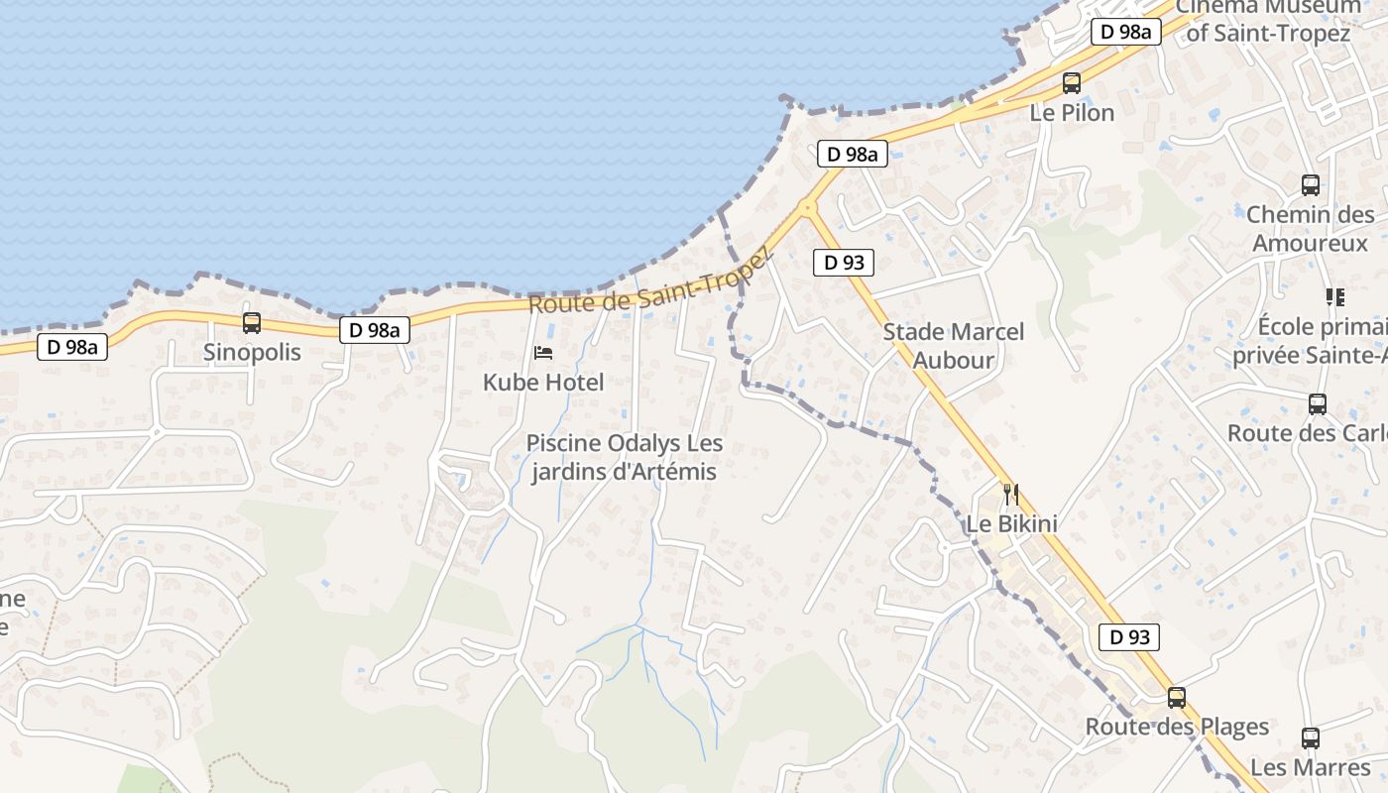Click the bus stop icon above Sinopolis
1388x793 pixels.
tap(252, 323)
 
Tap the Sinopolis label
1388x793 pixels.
tap(252, 352)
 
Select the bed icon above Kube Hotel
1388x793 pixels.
tap(543, 352)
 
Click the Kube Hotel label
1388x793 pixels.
tap(543, 382)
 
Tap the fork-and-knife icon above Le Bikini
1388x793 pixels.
tap(1011, 494)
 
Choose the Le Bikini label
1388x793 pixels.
tap(1011, 523)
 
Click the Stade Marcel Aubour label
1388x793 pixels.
tap(953, 346)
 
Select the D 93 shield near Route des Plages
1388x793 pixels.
tap(1129, 637)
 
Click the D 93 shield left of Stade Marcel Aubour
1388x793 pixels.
tap(844, 263)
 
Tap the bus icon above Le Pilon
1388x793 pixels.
tap(1072, 83)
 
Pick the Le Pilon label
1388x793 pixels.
tap(1072, 112)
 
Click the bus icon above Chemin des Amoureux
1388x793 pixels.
tap(1310, 185)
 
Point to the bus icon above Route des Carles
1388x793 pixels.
tap(1317, 404)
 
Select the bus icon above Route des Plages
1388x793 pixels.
tap(1177, 698)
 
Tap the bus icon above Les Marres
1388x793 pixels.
tap(1310, 738)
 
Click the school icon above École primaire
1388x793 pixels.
tap(1334, 297)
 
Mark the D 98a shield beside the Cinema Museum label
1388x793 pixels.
tap(1125, 32)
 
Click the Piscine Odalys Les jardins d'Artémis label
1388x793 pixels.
tap(624, 457)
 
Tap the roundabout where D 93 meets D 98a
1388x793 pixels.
tap(807, 207)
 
